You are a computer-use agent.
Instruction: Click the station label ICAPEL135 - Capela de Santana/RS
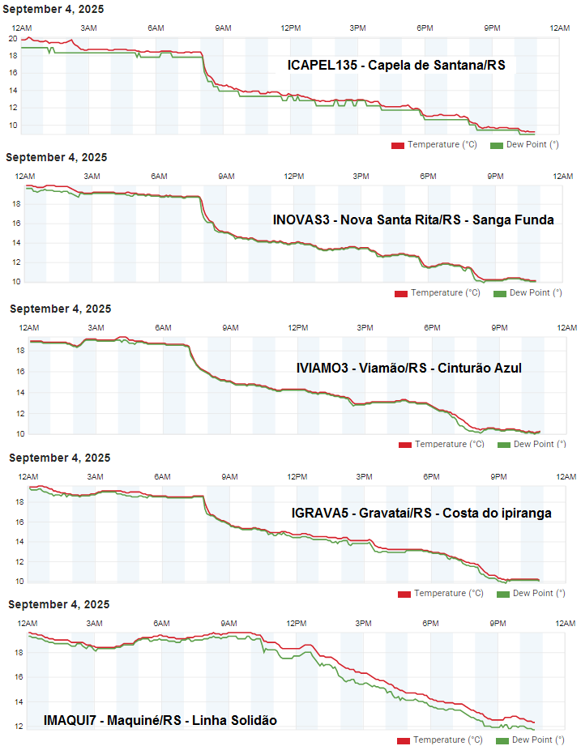point(396,65)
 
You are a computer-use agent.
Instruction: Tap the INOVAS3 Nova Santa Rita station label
point(413,219)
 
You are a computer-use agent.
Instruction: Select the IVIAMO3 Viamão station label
point(409,368)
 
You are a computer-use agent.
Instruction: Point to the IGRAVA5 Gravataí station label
point(421,513)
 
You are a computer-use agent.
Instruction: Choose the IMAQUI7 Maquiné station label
point(160,720)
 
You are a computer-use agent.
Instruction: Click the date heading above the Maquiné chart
point(59,604)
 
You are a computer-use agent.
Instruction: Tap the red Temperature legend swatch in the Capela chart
point(398,145)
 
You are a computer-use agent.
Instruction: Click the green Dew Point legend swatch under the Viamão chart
point(504,445)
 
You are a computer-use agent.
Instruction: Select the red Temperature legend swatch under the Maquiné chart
point(404,740)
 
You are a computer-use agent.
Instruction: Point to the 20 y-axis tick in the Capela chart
point(13,38)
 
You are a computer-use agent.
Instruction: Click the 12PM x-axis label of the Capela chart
point(291,28)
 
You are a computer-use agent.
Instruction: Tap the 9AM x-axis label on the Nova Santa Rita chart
point(226,177)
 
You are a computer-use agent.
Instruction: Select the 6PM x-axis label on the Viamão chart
point(431,327)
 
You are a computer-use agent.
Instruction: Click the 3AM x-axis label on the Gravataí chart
point(95,476)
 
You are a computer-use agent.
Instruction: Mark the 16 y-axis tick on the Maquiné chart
point(19,676)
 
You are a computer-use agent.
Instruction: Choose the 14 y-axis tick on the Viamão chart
point(19,393)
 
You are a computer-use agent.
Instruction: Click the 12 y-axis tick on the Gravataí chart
point(19,561)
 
